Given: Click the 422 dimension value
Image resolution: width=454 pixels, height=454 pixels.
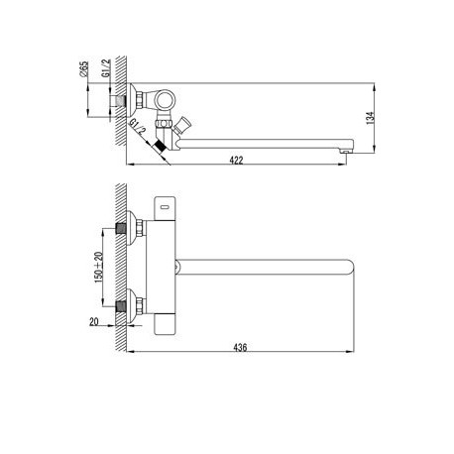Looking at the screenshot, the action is pos(236,161).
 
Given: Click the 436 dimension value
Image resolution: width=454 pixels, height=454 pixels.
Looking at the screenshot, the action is pos(240,347).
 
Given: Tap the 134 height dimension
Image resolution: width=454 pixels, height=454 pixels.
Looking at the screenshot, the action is pos(370,118).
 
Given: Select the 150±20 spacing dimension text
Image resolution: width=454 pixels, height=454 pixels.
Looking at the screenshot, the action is pos(98,267).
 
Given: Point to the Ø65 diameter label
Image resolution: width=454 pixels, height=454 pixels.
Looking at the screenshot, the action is pos(84,69).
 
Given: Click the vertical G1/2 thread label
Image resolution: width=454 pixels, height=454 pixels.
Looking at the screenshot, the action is pos(106,68).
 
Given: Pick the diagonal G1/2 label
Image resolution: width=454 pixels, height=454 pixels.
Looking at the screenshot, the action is pos(138,127).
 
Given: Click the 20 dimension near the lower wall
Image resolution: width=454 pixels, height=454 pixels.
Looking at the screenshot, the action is pos(94,321).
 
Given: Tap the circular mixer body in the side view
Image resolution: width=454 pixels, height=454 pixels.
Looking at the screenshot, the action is pos(165,100).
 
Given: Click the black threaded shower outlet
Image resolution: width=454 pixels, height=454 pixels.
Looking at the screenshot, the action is pos(160,147).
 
